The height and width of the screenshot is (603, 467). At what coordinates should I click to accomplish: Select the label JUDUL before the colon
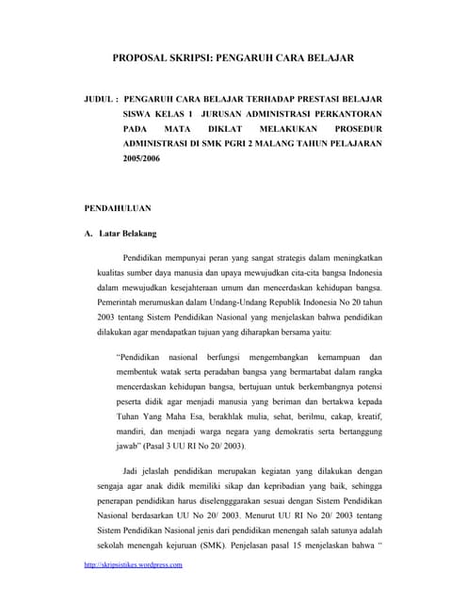[x=99, y=97]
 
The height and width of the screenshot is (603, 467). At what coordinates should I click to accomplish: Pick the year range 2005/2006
[x=142, y=160]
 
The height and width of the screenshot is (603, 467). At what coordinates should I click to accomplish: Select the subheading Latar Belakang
[x=128, y=233]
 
